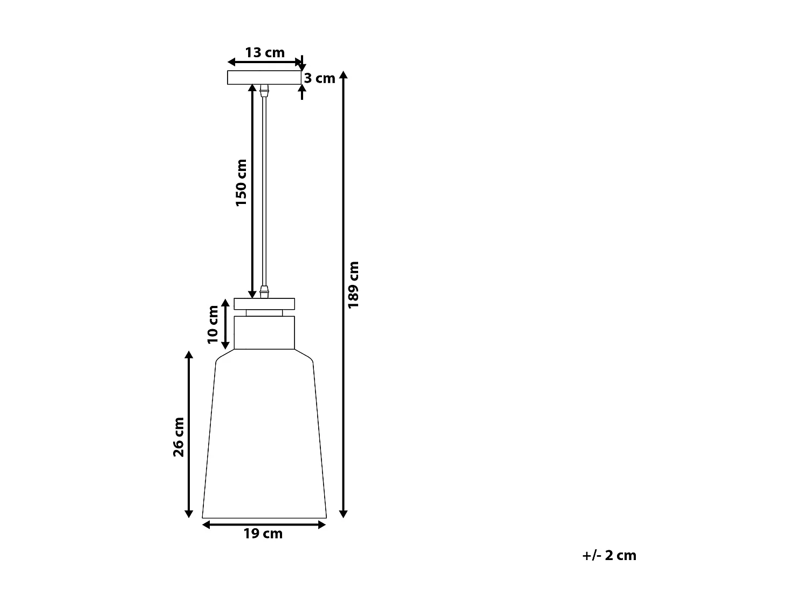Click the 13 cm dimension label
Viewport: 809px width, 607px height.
[x=264, y=53]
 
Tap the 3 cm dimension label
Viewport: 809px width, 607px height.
[x=320, y=79]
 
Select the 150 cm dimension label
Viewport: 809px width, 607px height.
[x=241, y=182]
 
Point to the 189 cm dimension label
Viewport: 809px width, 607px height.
[x=353, y=284]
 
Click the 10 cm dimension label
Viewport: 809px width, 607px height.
[x=213, y=324]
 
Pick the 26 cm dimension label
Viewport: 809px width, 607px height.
[x=179, y=437]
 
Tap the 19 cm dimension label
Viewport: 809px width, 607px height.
[x=263, y=534]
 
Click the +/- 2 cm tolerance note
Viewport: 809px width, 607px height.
[x=609, y=556]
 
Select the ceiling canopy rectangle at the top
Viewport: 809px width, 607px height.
[x=264, y=78]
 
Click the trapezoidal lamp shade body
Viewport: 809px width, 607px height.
[x=264, y=437]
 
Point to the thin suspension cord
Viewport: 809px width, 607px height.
[x=264, y=189]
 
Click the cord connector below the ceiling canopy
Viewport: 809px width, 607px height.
[x=264, y=90]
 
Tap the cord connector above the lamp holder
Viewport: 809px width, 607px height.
[x=264, y=292]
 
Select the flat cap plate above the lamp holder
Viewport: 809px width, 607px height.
[x=264, y=303]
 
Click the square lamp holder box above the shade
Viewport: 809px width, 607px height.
[x=264, y=332]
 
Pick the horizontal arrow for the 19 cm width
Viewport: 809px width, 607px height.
[x=264, y=523]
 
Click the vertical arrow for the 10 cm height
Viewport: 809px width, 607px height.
[x=226, y=324]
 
